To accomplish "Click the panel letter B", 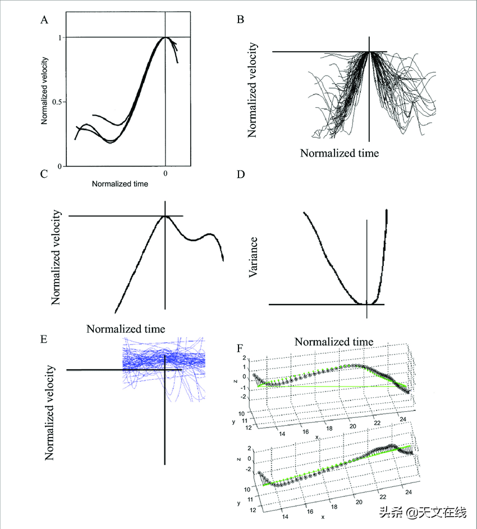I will [x=241, y=20].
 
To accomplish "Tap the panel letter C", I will [x=44, y=174].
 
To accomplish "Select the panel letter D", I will [x=241, y=174].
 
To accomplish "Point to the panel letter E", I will [x=44, y=339].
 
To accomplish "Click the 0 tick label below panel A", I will [x=165, y=174].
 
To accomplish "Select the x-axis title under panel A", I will [x=120, y=183].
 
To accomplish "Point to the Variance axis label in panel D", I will [x=254, y=257].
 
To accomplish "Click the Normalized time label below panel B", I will [x=339, y=153].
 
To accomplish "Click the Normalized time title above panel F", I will [x=334, y=341].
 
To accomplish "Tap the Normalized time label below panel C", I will [x=126, y=328].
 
